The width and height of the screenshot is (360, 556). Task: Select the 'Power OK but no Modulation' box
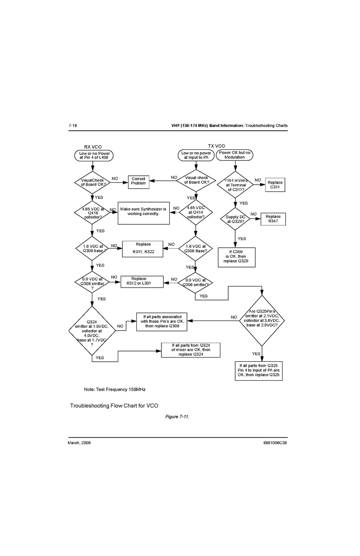click(234, 155)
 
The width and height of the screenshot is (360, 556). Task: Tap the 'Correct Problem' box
click(138, 181)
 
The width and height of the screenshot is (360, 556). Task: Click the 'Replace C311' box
click(274, 185)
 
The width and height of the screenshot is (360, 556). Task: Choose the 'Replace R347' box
click(273, 219)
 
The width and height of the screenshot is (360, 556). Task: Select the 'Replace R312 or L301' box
click(142, 281)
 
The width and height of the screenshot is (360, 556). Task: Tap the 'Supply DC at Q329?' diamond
click(235, 219)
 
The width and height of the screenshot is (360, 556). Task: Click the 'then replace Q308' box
click(161, 321)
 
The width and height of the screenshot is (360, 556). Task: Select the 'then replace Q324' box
click(191, 350)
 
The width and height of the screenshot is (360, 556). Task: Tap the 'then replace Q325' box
click(259, 370)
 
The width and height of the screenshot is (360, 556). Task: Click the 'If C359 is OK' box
click(237, 256)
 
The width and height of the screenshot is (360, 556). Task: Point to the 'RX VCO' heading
click(93, 147)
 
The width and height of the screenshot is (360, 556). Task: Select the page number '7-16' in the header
click(73, 126)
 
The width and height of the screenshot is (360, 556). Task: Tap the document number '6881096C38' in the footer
click(275, 443)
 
